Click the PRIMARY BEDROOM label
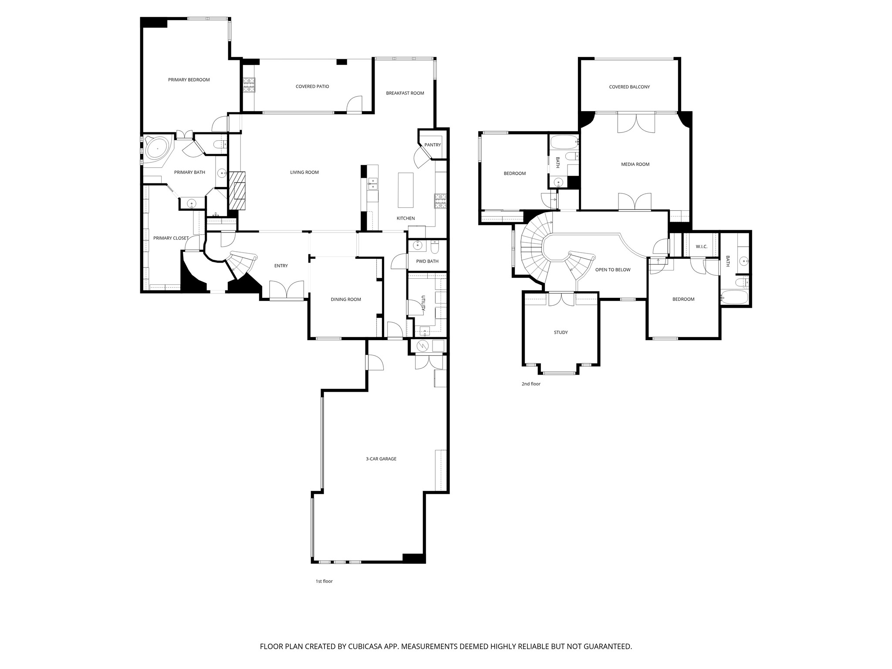(x=189, y=80)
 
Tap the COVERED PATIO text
(x=312, y=87)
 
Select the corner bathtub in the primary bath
(x=156, y=149)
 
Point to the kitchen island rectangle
(x=405, y=190)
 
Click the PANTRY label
(x=432, y=145)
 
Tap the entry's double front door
(x=286, y=290)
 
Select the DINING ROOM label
(x=345, y=299)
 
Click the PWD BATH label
(x=427, y=261)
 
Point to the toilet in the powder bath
(x=434, y=247)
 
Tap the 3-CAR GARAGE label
(x=381, y=459)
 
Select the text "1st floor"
(x=324, y=581)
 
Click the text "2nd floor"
(x=530, y=384)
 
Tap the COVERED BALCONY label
(x=629, y=87)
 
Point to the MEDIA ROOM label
(x=635, y=164)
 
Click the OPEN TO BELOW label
(x=612, y=270)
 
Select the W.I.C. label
(x=701, y=247)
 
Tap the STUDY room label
(x=561, y=332)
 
